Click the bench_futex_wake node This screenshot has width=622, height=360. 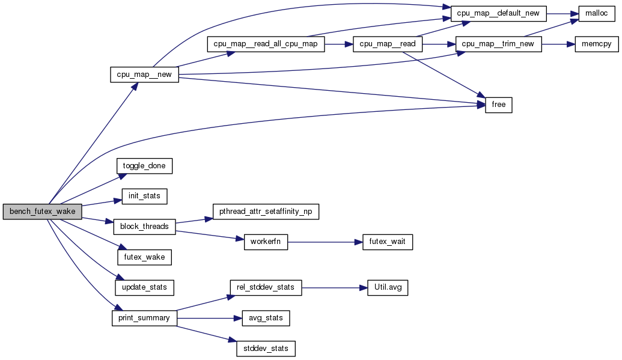pyautogui.click(x=41, y=212)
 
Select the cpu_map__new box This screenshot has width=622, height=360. pyautogui.click(x=144, y=75)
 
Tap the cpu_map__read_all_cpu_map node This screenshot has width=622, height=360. pyautogui.click(x=265, y=44)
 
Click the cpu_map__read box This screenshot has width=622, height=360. pyautogui.click(x=388, y=44)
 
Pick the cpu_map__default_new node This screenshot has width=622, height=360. pyautogui.click(x=498, y=13)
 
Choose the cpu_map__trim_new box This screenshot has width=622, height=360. pyautogui.click(x=499, y=44)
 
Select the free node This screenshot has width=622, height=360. pyautogui.click(x=498, y=105)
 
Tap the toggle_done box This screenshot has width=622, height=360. pyautogui.click(x=144, y=166)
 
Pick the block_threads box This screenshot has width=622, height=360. pyautogui.click(x=144, y=227)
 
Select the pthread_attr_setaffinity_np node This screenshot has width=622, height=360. pyautogui.click(x=266, y=212)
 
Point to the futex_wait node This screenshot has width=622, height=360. pyautogui.click(x=387, y=242)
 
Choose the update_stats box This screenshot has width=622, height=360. pyautogui.click(x=144, y=287)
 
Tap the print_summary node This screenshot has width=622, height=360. pyautogui.click(x=144, y=318)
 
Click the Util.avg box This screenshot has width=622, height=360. pyautogui.click(x=387, y=287)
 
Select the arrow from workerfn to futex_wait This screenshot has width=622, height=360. pyautogui.click(x=325, y=242)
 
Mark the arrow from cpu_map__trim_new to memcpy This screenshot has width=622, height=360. pyautogui.click(x=558, y=44)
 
